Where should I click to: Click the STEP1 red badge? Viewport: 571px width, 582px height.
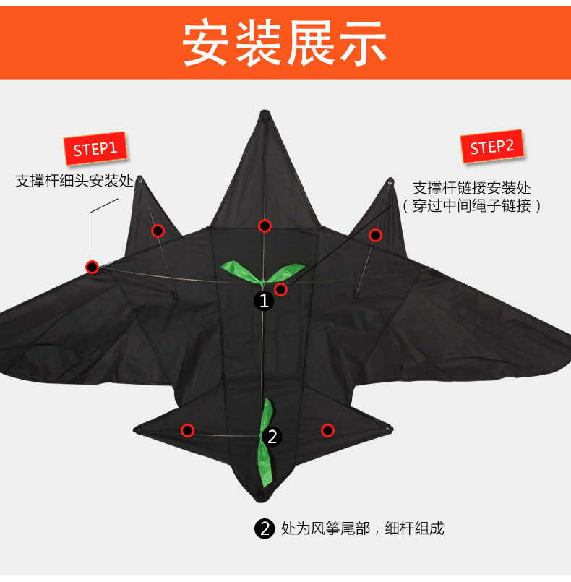pyautogui.click(x=95, y=150)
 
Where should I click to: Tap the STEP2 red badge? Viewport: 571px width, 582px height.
pyautogui.click(x=492, y=147)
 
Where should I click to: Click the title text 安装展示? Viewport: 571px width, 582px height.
pyautogui.click(x=285, y=41)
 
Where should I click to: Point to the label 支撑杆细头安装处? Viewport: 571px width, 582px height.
pyautogui.click(x=75, y=181)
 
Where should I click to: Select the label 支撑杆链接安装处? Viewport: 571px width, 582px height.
pyautogui.click(x=472, y=188)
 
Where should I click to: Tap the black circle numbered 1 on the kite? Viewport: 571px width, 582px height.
pyautogui.click(x=264, y=300)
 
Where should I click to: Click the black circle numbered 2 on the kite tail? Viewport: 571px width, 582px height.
pyautogui.click(x=272, y=436)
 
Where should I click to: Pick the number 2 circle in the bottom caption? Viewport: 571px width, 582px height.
pyautogui.click(x=265, y=529)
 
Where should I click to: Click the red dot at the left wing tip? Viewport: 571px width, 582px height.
pyautogui.click(x=93, y=267)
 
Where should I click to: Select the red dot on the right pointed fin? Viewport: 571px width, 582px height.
pyautogui.click(x=375, y=235)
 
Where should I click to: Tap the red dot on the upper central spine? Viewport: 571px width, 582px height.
pyautogui.click(x=265, y=226)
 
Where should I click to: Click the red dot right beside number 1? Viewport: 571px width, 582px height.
pyautogui.click(x=281, y=290)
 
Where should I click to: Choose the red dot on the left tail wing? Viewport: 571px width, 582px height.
pyautogui.click(x=188, y=430)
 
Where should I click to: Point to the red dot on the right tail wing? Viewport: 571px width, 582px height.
pyautogui.click(x=327, y=430)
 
